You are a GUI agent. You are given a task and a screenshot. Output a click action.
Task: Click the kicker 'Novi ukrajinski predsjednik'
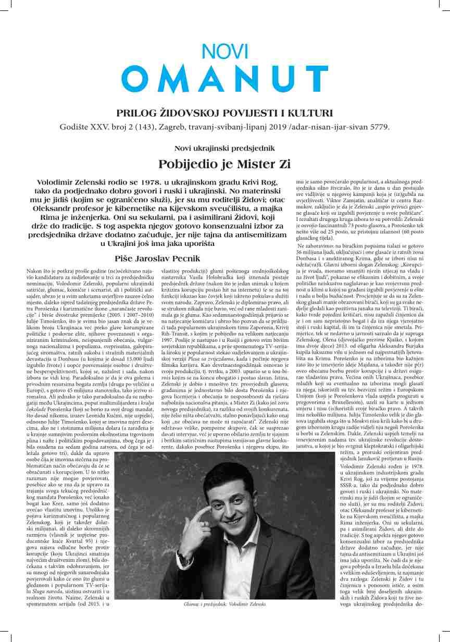click(x=224, y=147)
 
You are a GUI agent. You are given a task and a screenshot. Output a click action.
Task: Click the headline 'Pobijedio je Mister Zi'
click(x=224, y=164)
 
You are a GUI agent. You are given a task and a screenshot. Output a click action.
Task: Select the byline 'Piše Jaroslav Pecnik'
click(x=157, y=258)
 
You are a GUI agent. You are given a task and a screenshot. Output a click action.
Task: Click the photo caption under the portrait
click(x=224, y=604)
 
